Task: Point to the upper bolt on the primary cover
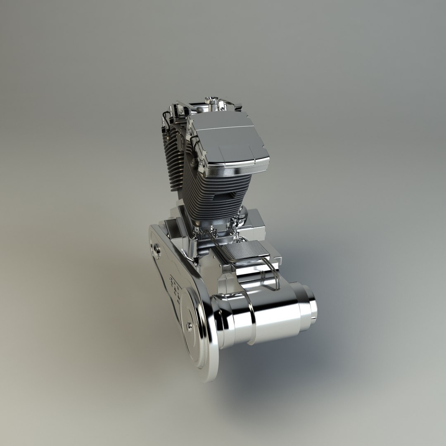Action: pyautogui.click(x=157, y=248)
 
